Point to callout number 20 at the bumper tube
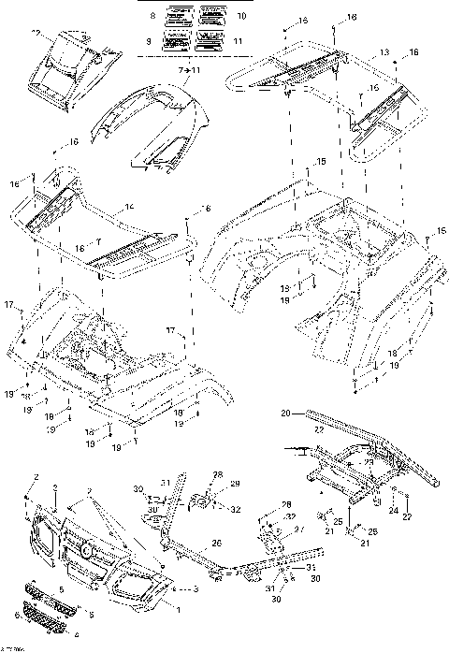tap(285, 410)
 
